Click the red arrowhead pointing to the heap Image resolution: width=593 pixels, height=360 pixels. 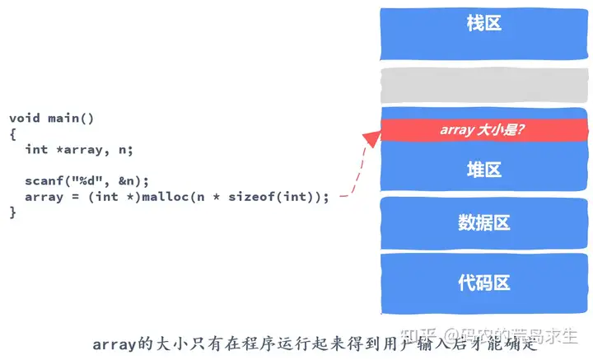coord(371,138)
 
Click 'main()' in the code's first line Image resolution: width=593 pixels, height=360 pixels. coord(71,118)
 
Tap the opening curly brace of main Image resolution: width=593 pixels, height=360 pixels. coord(13,133)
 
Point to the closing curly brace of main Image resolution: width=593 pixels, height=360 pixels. coord(13,213)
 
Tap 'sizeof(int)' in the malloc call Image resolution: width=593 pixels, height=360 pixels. coord(276,197)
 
